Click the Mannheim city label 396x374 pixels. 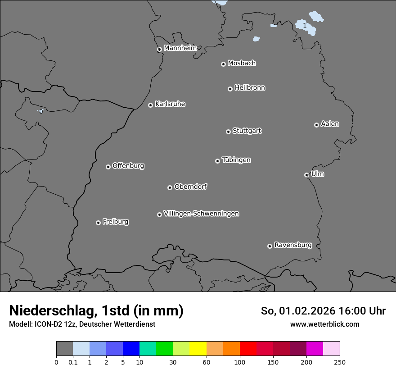tap(180, 48)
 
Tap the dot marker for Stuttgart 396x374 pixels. tap(228, 132)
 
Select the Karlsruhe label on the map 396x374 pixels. tap(170, 104)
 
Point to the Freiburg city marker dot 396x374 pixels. tap(98, 223)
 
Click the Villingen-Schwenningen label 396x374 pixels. tap(201, 214)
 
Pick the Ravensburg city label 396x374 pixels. tap(293, 245)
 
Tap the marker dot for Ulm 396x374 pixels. tap(306, 175)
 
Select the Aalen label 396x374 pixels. tap(330, 124)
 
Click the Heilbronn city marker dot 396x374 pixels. tap(230, 89)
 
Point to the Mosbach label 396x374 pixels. tap(242, 64)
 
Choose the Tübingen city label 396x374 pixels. tap(236, 160)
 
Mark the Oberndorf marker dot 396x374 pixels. tap(170, 187)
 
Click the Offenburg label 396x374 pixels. tap(128, 166)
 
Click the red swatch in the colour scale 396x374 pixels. tap(248, 349)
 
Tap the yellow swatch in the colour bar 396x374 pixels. tap(198, 349)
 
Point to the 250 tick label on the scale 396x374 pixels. tap(340, 362)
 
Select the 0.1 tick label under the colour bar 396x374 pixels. tap(73, 362)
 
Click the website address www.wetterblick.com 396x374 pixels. tap(324, 324)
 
